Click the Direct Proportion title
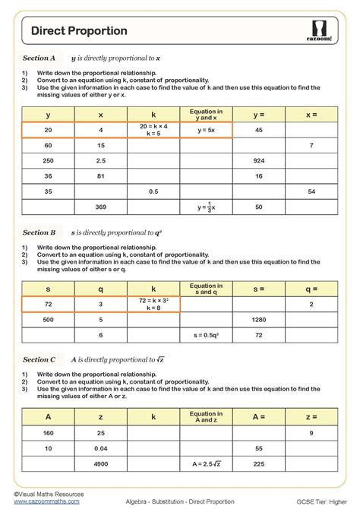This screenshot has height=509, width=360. [79, 30]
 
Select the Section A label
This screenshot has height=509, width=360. [39, 58]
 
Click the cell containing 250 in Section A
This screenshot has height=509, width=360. [48, 160]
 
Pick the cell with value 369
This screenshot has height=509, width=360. [101, 207]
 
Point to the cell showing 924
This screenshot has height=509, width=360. [258, 160]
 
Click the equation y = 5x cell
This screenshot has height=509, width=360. [205, 130]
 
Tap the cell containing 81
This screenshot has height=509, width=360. [101, 175]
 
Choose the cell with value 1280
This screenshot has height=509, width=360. [258, 320]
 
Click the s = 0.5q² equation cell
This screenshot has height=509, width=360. [205, 335]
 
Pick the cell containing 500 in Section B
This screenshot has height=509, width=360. [48, 320]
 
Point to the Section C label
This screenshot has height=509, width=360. [39, 359]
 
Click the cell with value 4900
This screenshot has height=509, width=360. [101, 463]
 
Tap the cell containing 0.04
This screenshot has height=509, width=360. [101, 448]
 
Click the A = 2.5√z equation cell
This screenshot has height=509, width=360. [205, 463]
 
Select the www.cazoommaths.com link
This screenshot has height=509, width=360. [36, 501]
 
